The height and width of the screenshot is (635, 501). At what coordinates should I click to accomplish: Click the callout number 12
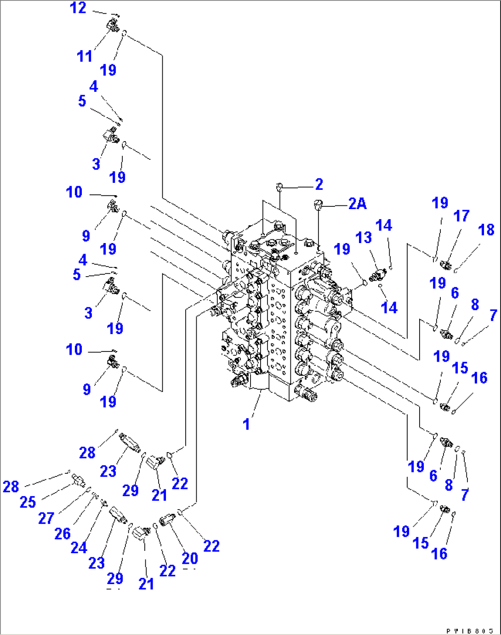[x=78, y=8]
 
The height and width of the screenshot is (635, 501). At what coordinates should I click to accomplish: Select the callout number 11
[x=84, y=56]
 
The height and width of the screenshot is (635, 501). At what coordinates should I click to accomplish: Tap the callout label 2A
[x=357, y=204]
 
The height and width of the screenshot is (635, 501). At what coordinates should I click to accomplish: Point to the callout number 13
[x=363, y=238]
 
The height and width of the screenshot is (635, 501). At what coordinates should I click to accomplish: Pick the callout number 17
[x=461, y=216]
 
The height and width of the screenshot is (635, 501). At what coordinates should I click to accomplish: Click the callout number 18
[x=486, y=230]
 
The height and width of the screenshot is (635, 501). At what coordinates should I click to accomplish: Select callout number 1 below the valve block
[x=246, y=424]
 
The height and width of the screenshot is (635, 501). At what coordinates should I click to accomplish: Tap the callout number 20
[x=190, y=558]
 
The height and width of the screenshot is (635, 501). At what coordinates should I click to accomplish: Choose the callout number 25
[x=28, y=502]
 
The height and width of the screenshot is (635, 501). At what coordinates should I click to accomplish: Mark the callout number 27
[x=46, y=518]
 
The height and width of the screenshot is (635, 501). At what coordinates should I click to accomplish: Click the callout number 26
[x=63, y=533]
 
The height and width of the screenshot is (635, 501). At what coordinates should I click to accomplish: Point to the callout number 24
[x=79, y=548]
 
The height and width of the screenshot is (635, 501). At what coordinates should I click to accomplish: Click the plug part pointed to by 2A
[x=317, y=204]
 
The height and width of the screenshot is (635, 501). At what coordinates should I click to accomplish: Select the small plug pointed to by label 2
[x=279, y=186]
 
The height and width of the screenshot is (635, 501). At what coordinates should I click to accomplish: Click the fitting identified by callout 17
[x=445, y=265]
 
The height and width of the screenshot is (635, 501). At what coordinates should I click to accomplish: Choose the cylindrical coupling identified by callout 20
[x=167, y=520]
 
